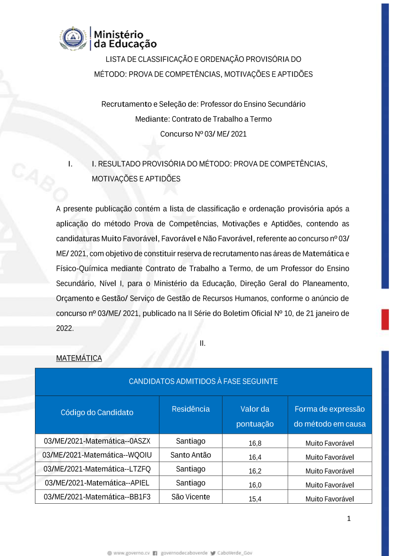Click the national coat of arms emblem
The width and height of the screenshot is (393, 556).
click(x=73, y=39)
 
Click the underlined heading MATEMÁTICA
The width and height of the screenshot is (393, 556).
click(x=79, y=358)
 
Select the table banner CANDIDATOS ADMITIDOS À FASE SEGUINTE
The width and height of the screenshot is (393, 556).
click(x=203, y=381)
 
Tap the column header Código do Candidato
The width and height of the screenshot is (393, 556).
click(x=97, y=412)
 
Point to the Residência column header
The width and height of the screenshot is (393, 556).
click(x=191, y=409)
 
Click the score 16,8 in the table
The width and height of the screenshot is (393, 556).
click(x=255, y=443)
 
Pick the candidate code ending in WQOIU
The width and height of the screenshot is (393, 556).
click(x=97, y=455)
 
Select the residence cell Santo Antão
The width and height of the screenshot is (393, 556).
click(x=191, y=455)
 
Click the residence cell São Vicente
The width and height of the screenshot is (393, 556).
click(x=191, y=497)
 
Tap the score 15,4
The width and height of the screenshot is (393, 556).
click(x=255, y=499)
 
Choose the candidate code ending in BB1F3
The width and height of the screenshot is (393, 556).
click(x=97, y=497)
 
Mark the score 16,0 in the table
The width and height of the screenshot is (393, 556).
click(x=255, y=485)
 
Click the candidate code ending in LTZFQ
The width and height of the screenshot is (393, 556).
click(x=97, y=469)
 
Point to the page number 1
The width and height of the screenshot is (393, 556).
click(x=349, y=518)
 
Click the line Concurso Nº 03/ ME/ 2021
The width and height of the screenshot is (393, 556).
click(x=203, y=134)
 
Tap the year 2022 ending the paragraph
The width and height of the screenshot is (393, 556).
click(x=64, y=328)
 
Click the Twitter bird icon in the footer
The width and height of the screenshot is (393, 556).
click(x=213, y=553)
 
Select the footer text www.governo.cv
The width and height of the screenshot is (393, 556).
click(x=131, y=553)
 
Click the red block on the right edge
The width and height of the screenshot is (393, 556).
click(x=385, y=319)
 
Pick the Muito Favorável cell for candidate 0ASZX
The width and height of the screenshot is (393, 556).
click(x=330, y=443)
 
